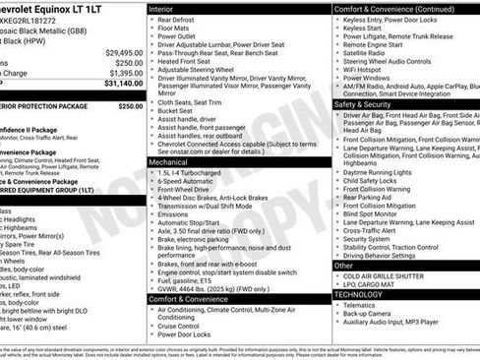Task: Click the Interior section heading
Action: click(x=163, y=8)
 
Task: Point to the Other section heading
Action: click(x=343, y=266)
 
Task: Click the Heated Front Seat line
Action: click(x=189, y=61)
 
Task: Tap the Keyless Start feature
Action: click(x=367, y=28)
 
